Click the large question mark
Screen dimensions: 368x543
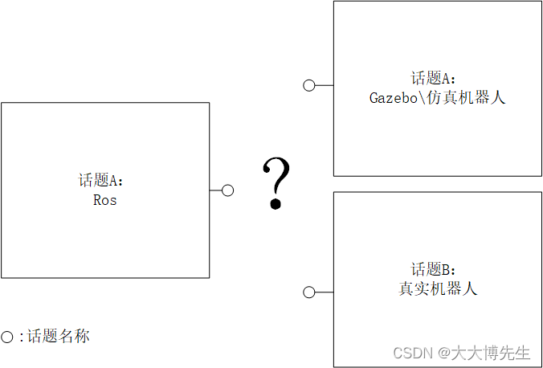coord(276,183)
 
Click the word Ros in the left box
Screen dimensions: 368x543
coord(105,200)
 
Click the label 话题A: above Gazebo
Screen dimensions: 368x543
coord(434,79)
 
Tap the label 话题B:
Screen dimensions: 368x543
coord(434,269)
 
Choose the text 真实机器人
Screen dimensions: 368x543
coord(438,288)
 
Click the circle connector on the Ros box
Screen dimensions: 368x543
coord(227,190)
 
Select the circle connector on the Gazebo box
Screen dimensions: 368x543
coord(308,85)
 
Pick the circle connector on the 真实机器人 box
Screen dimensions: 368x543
coord(308,292)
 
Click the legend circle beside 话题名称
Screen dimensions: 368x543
coord(7,337)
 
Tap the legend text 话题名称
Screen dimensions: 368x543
coord(59,337)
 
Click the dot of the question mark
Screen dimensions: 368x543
coord(276,204)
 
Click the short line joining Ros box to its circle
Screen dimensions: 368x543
coord(215,190)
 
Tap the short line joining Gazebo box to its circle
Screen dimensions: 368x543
coord(324,85)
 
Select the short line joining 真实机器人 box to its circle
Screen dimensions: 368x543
coord(324,292)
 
